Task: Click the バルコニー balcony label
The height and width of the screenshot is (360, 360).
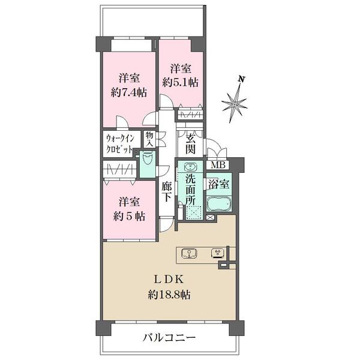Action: click(169, 338)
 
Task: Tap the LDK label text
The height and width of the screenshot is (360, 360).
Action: click(169, 280)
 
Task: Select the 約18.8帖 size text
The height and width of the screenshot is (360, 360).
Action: click(169, 295)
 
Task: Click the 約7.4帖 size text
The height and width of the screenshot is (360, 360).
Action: click(129, 93)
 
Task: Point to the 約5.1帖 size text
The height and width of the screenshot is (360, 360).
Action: click(181, 83)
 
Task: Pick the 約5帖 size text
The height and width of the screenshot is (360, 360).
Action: click(129, 216)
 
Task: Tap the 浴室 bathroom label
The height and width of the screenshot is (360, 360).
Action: click(219, 184)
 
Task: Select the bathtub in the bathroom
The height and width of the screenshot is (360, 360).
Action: click(219, 204)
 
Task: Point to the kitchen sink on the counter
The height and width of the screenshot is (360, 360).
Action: click(190, 254)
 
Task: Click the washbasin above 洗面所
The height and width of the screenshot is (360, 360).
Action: click(190, 167)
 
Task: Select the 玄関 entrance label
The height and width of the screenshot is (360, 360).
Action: click(191, 144)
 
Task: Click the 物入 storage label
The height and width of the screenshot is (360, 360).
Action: click(149, 140)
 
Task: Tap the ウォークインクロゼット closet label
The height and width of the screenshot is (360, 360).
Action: click(119, 144)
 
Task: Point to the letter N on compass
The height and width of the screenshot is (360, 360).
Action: click(241, 79)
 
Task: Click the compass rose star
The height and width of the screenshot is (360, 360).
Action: click(235, 104)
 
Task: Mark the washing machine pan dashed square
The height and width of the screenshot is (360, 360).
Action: click(194, 213)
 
